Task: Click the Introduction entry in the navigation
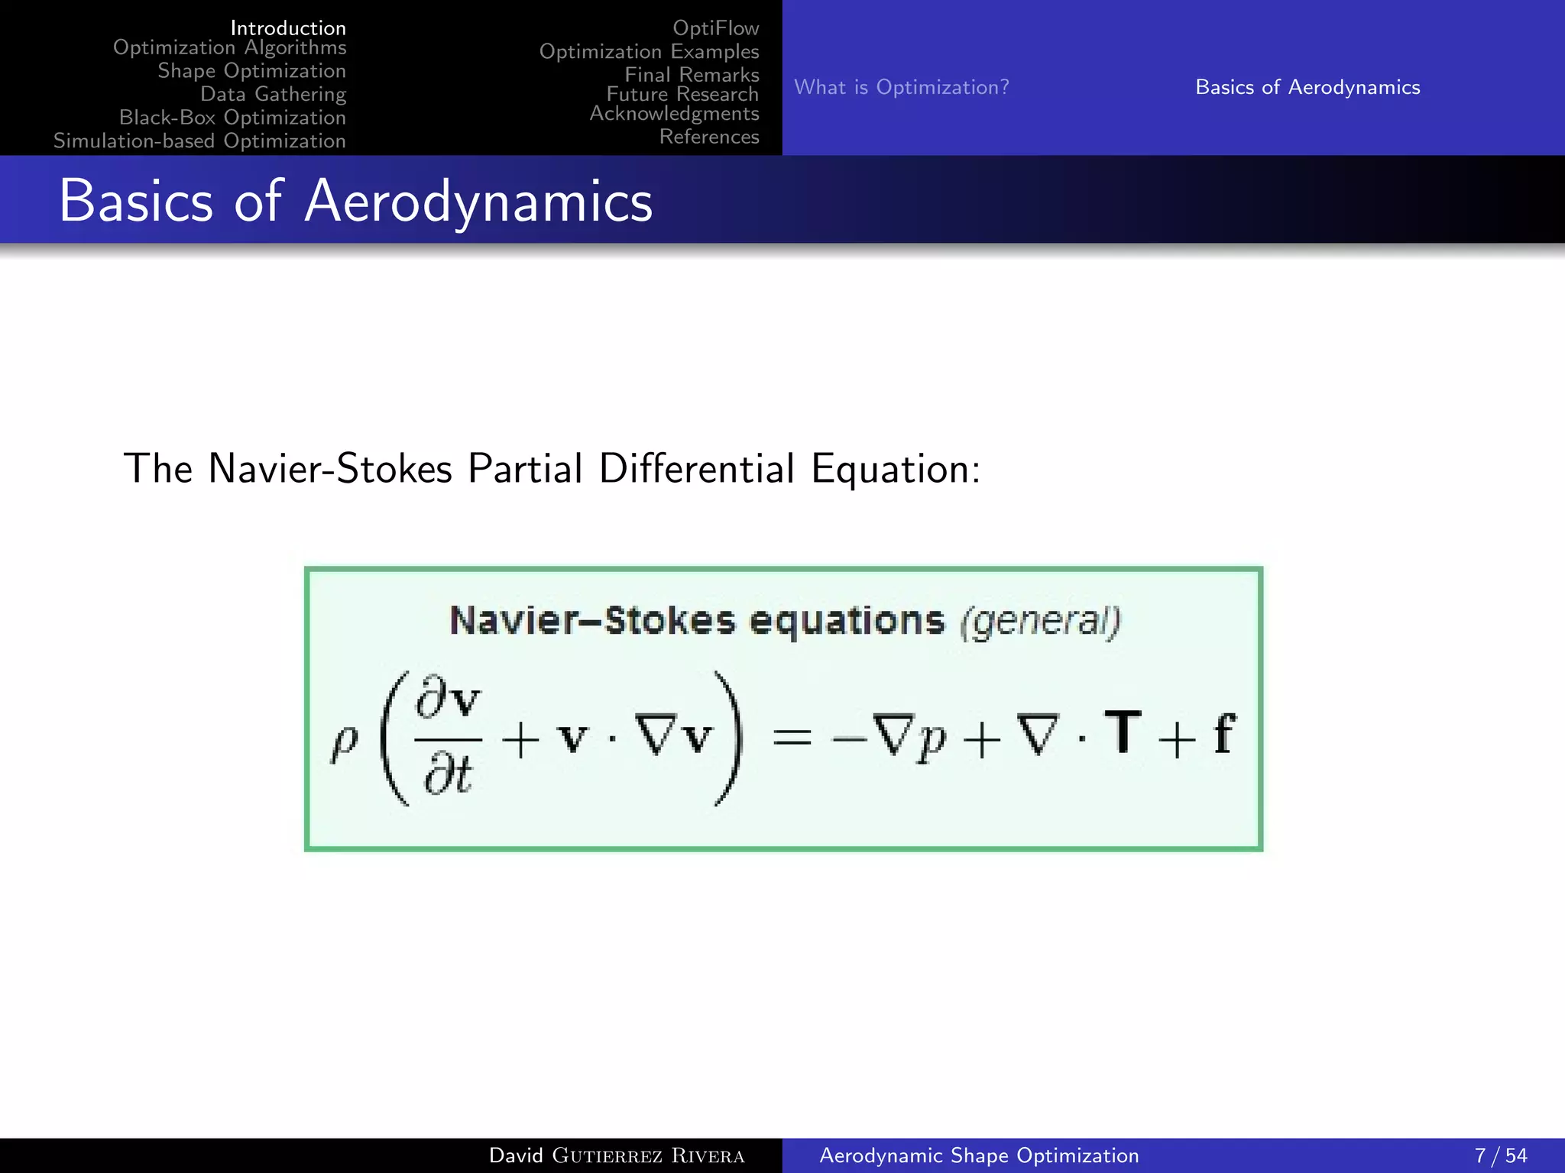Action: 288,28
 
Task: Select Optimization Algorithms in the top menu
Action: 229,47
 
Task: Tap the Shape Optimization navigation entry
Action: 251,71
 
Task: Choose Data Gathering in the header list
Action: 273,94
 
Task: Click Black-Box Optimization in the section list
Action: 232,118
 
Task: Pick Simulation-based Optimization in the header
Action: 199,141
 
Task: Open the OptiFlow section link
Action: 715,28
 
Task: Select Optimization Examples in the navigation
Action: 649,52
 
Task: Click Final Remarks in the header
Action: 692,75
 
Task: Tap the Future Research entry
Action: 682,94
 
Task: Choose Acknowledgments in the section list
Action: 674,113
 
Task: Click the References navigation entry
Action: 708,137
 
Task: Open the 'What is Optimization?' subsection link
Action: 901,87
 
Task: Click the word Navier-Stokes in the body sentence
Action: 330,468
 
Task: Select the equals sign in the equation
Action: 792,738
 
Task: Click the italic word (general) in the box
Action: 1040,621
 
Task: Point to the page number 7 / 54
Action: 1500,1155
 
